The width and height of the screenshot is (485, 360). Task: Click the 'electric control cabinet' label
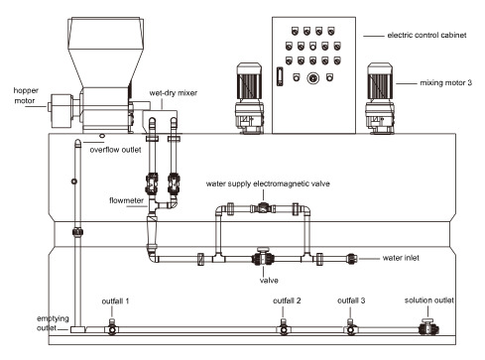(426, 35)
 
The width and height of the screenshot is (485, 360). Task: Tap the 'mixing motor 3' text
(445, 82)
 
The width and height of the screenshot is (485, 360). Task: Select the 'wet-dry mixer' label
(174, 93)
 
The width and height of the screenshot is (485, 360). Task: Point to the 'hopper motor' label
(26, 95)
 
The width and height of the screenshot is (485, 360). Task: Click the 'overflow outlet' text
(115, 150)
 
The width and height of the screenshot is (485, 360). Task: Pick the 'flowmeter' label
(126, 200)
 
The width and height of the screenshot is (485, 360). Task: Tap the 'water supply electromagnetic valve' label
(268, 183)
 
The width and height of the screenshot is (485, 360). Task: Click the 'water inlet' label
(401, 258)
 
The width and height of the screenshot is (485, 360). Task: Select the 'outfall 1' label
(115, 301)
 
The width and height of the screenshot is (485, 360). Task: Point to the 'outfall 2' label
(287, 300)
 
